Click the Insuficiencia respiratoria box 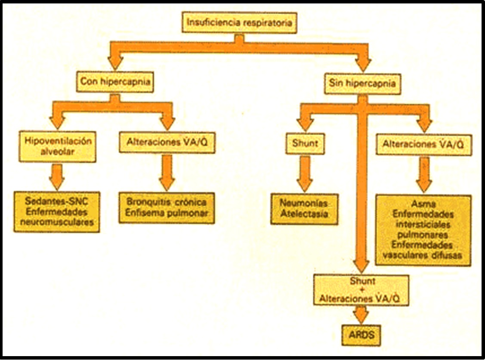click(x=240, y=23)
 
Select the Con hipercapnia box click(x=115, y=82)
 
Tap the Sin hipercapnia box click(x=362, y=83)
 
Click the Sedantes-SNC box click(x=57, y=212)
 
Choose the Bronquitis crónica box click(x=167, y=208)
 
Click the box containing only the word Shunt click(x=305, y=143)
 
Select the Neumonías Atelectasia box click(x=304, y=208)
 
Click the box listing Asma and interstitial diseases click(x=423, y=230)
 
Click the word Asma click(x=423, y=204)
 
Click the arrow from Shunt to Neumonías click(x=305, y=173)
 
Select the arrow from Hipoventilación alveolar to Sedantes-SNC click(x=57, y=176)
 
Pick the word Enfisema click(x=145, y=213)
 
